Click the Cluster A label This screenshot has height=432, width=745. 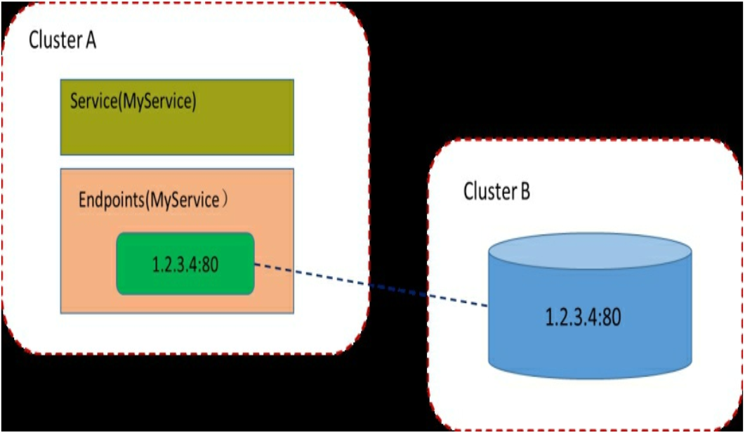coord(62,41)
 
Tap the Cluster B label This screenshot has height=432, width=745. coord(496,191)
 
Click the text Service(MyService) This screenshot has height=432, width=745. coord(133,101)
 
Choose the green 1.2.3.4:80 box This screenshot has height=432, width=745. coord(185,263)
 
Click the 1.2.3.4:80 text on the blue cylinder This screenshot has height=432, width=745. coord(584,318)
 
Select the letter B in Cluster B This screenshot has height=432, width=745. coord(525,191)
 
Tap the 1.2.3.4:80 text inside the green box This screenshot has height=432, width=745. coord(185,266)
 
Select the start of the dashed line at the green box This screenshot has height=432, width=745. coord(256,265)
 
